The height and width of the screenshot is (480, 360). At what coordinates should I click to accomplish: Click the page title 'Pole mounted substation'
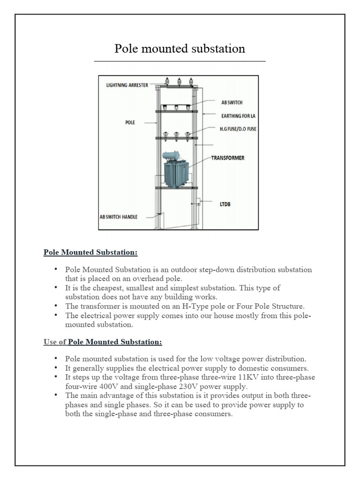pyautogui.click(x=180, y=49)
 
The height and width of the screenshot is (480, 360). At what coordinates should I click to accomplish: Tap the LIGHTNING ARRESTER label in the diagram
pyautogui.click(x=127, y=85)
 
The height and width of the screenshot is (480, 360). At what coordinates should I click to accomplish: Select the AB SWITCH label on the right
pyautogui.click(x=232, y=102)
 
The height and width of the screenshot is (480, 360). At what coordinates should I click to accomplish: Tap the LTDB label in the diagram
pyautogui.click(x=226, y=204)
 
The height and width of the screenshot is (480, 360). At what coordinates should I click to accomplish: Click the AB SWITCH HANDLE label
pyautogui.click(x=119, y=217)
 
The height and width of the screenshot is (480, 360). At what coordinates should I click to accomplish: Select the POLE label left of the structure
pyautogui.click(x=130, y=122)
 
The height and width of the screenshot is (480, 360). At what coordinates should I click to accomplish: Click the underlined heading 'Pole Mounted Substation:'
pyautogui.click(x=90, y=252)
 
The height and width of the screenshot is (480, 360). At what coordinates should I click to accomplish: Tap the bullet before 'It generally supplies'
pyautogui.click(x=56, y=368)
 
